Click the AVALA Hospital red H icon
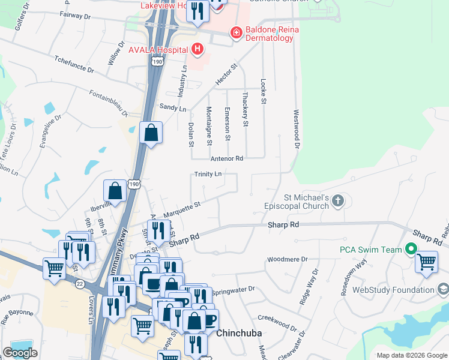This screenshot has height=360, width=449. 196,49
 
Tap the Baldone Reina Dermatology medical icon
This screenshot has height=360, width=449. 236,33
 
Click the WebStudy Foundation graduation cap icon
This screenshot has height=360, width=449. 443,290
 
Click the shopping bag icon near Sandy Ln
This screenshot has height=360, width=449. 151,132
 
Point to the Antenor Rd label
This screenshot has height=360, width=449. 227,158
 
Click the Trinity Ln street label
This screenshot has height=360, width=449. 208,174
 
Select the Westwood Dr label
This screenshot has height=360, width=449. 296,128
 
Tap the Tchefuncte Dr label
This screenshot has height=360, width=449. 74,65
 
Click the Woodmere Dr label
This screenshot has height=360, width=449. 287,260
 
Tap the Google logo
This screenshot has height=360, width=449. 20,352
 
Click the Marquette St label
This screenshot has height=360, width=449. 181,209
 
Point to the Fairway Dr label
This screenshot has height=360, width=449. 74,16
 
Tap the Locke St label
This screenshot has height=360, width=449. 263,91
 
